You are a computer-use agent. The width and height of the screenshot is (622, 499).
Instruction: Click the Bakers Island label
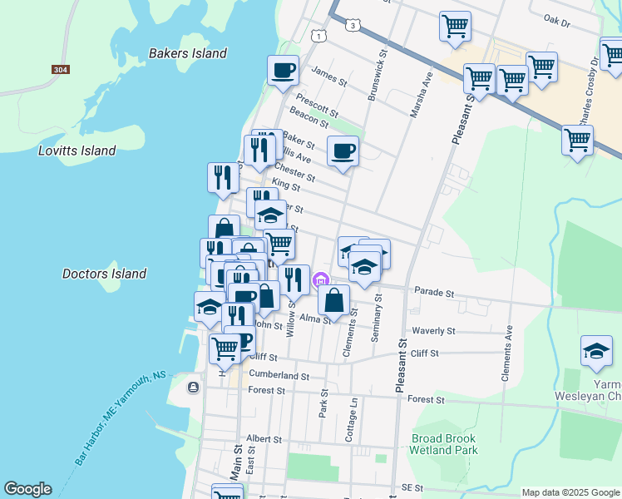(187, 53)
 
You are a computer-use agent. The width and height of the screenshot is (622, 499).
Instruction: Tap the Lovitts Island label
(77, 151)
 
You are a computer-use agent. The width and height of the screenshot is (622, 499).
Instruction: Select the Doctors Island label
(104, 274)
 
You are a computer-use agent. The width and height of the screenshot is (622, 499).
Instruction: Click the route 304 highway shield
(59, 70)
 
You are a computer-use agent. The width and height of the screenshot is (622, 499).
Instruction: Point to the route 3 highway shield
(354, 26)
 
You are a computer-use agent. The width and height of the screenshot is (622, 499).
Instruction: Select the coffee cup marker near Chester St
(343, 151)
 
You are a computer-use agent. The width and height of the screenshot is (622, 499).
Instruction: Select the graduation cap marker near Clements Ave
(596, 351)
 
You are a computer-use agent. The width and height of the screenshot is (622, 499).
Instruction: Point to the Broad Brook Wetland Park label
(444, 444)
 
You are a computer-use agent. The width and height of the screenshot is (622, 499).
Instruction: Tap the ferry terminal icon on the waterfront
(194, 387)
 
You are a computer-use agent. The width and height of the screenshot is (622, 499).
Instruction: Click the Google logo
(27, 489)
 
